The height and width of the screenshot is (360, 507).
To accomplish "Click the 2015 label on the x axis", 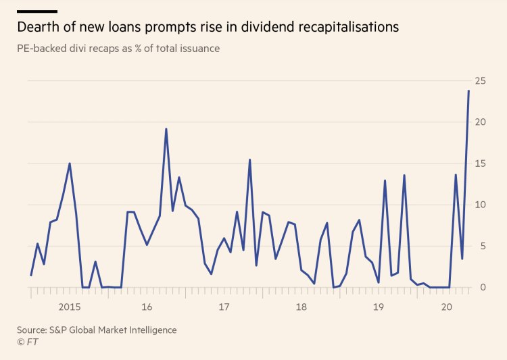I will [70, 307].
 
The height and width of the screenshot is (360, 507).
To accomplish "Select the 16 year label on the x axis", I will [147, 307].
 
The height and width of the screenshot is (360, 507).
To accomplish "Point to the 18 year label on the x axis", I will [301, 307].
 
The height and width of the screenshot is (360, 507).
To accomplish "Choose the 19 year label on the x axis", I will [379, 307].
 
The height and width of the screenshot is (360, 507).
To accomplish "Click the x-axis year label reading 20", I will [446, 307].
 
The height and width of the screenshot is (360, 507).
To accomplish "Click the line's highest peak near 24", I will [468, 91].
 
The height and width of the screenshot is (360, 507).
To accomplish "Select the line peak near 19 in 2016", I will [166, 129].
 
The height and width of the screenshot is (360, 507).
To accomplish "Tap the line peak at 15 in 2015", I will [70, 163].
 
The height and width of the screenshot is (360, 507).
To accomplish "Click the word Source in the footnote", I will [34, 330].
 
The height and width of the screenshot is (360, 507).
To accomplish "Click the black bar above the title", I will [37, 11].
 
